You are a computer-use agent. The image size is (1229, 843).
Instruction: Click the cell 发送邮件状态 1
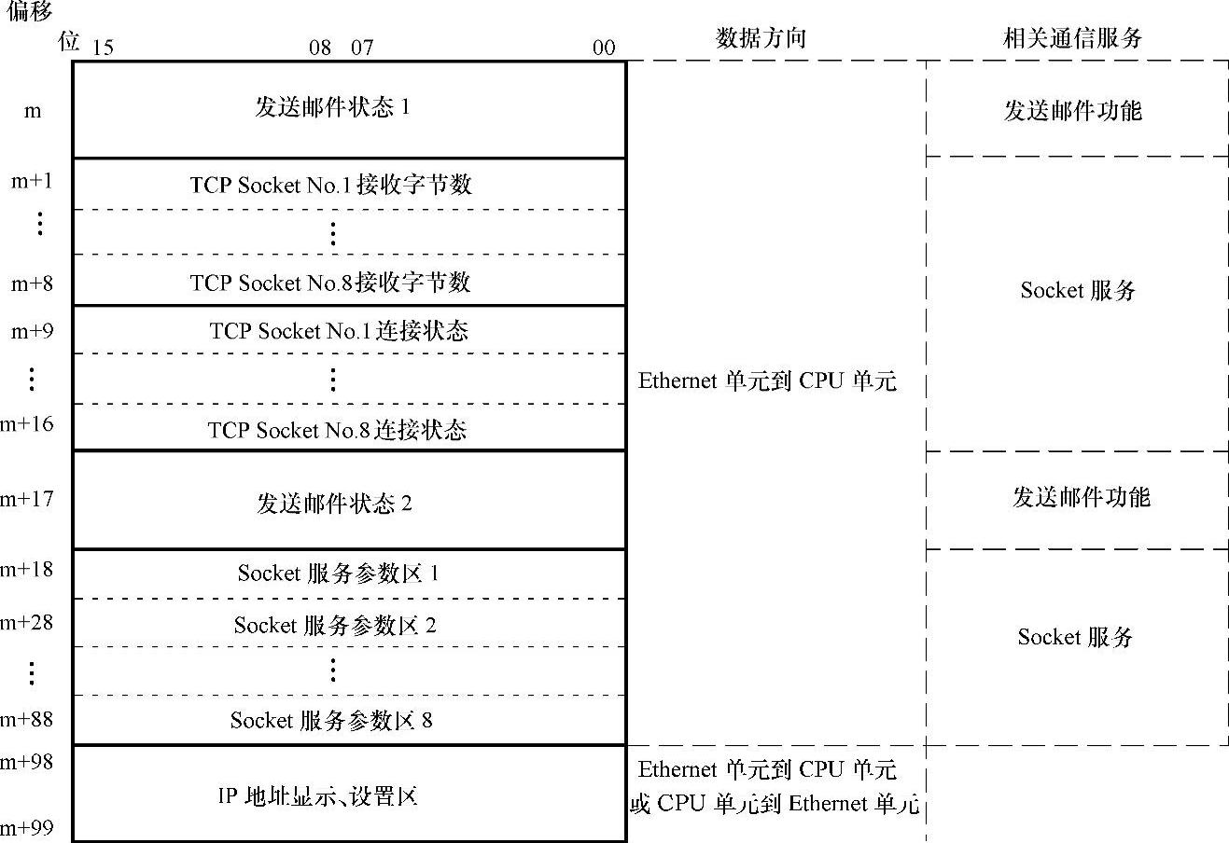click(x=333, y=107)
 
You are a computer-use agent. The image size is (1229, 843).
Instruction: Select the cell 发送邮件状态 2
click(x=334, y=504)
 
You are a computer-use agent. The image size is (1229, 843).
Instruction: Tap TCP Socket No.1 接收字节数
click(x=331, y=185)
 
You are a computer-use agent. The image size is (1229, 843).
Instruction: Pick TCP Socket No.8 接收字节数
click(x=331, y=283)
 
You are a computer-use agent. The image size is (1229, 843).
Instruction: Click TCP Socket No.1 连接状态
click(x=339, y=331)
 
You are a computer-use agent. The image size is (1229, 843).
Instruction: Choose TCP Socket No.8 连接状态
click(x=337, y=430)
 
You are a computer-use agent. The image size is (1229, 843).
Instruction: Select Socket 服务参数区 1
click(x=338, y=574)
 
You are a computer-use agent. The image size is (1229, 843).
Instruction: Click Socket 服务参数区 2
click(x=335, y=625)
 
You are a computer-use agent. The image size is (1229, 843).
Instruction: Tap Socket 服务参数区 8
click(x=331, y=720)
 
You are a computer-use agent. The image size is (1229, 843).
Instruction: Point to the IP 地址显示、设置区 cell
click(x=317, y=795)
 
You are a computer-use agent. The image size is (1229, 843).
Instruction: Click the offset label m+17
click(x=27, y=499)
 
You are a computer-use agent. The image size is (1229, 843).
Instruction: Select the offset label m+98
click(x=27, y=762)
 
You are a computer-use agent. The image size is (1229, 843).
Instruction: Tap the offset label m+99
click(x=27, y=827)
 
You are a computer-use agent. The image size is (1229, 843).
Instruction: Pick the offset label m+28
click(x=27, y=622)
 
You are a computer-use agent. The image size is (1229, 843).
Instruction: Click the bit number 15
click(x=103, y=48)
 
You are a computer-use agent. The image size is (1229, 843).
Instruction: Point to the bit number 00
click(x=604, y=48)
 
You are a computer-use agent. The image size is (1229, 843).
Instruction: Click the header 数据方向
click(x=761, y=38)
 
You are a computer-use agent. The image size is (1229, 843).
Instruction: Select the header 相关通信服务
click(x=1073, y=38)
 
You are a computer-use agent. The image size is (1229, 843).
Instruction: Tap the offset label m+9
click(x=33, y=331)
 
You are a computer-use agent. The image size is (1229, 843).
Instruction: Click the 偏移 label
click(x=29, y=11)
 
